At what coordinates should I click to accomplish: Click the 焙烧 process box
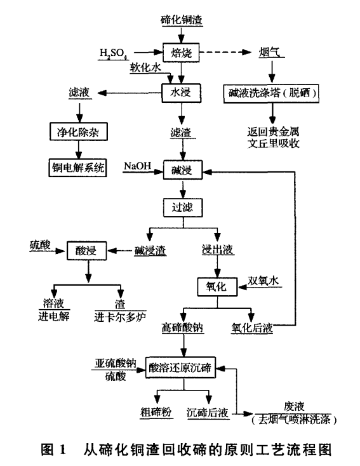(182, 51)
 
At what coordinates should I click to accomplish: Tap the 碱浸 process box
(182, 170)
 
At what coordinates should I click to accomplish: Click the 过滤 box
(182, 207)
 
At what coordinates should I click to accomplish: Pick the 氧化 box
(216, 286)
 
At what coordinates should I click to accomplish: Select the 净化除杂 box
(79, 133)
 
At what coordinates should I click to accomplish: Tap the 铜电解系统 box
(79, 168)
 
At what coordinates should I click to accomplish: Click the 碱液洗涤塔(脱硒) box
(272, 93)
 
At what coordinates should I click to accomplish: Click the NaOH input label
(137, 166)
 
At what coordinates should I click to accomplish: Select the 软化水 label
(145, 66)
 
